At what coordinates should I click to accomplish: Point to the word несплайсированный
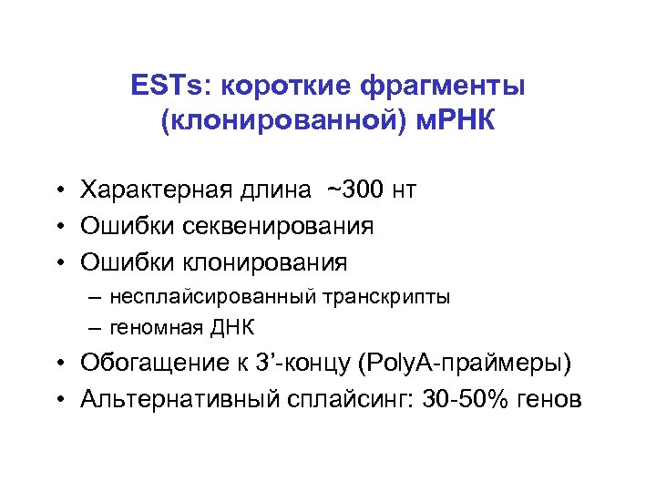click(213, 296)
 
